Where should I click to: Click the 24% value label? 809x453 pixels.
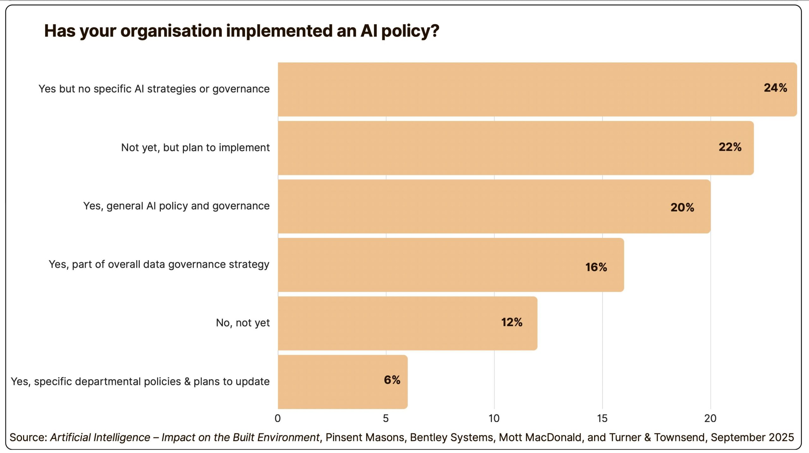pyautogui.click(x=775, y=88)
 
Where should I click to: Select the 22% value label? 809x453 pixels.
pyautogui.click(x=730, y=147)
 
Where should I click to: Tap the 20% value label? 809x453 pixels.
pyautogui.click(x=682, y=207)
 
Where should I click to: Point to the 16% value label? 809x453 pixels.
pyautogui.click(x=596, y=267)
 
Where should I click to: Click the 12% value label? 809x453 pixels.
pyautogui.click(x=512, y=322)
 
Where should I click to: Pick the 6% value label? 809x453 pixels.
pyautogui.click(x=392, y=380)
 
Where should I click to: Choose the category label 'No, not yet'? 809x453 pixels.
pyautogui.click(x=243, y=323)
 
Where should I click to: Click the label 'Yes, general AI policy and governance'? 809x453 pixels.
pyautogui.click(x=176, y=206)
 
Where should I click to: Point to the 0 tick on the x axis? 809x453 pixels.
pyautogui.click(x=278, y=418)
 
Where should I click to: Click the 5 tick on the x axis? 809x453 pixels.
pyautogui.click(x=386, y=418)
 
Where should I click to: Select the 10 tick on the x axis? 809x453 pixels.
pyautogui.click(x=494, y=418)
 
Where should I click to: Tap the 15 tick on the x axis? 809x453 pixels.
pyautogui.click(x=602, y=418)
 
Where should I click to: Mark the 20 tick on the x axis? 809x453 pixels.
pyautogui.click(x=710, y=418)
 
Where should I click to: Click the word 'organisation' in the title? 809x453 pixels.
pyautogui.click(x=171, y=31)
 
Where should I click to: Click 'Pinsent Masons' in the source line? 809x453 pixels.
pyautogui.click(x=365, y=438)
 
